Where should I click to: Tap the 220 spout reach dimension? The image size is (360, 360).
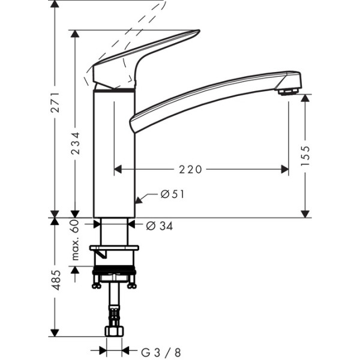pos(190,170)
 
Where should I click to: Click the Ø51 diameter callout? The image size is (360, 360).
pos(172,194)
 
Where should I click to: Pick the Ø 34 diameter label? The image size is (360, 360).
pos(159,226)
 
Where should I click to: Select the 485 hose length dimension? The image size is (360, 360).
pos(55,280)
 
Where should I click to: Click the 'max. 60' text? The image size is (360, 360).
pos(75,240)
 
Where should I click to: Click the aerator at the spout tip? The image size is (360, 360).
pos(289,92)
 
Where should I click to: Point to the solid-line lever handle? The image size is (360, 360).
pos(147,51)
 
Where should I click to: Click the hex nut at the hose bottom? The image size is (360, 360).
pos(114,331)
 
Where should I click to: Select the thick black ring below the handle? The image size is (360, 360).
pos(114,89)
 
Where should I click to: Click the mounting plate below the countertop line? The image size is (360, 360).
pos(114,248)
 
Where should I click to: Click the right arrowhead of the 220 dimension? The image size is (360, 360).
pos(285,170)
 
